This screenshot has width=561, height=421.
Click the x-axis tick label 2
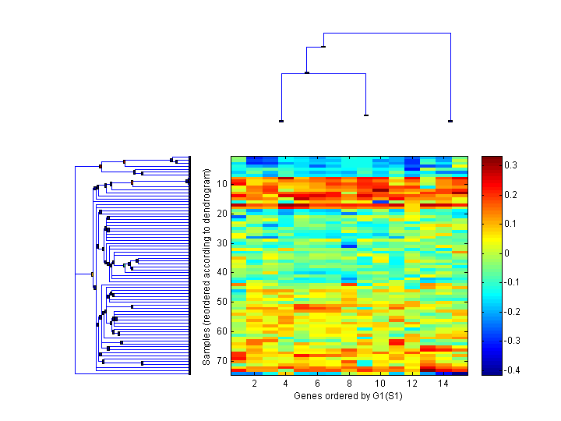click(255, 384)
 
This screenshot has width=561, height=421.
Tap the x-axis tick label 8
click(349, 384)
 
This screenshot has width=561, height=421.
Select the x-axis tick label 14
click(443, 384)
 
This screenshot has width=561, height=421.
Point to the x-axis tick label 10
click(380, 384)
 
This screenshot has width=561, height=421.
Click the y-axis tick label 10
click(222, 184)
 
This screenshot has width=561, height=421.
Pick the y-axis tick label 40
click(222, 272)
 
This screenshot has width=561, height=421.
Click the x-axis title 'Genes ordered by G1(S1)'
click(349, 396)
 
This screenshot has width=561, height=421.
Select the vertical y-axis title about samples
click(206, 265)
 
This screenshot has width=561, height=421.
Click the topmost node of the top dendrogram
click(323, 47)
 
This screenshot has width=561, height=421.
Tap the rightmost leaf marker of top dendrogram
click(450, 121)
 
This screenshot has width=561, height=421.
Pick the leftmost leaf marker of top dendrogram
click(280, 121)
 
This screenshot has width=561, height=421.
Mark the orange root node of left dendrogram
click(92, 274)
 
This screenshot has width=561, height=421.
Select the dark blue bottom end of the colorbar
click(492, 373)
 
